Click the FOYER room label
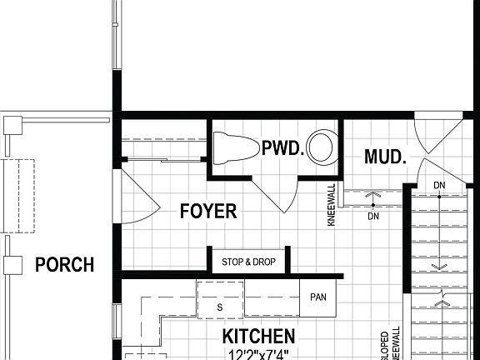(x=208, y=211)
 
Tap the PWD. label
(x=281, y=148)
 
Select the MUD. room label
(x=385, y=156)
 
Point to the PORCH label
(x=64, y=266)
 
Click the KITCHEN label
(x=258, y=336)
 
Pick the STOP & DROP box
(x=248, y=262)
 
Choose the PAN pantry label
(x=317, y=297)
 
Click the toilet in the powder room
(x=233, y=149)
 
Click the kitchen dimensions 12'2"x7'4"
(x=258, y=354)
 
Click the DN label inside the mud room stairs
(x=438, y=185)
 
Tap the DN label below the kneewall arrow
(x=372, y=215)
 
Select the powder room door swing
(x=279, y=193)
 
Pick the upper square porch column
(x=12, y=125)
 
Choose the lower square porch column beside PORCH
(x=12, y=265)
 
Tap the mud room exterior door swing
(x=435, y=137)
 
